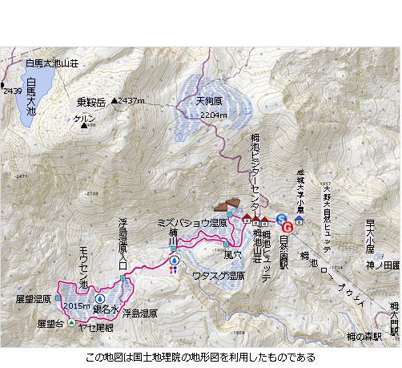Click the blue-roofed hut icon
[299, 217]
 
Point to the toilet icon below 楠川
[173, 270]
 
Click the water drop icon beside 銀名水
[101, 299]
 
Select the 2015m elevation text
[75, 305]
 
